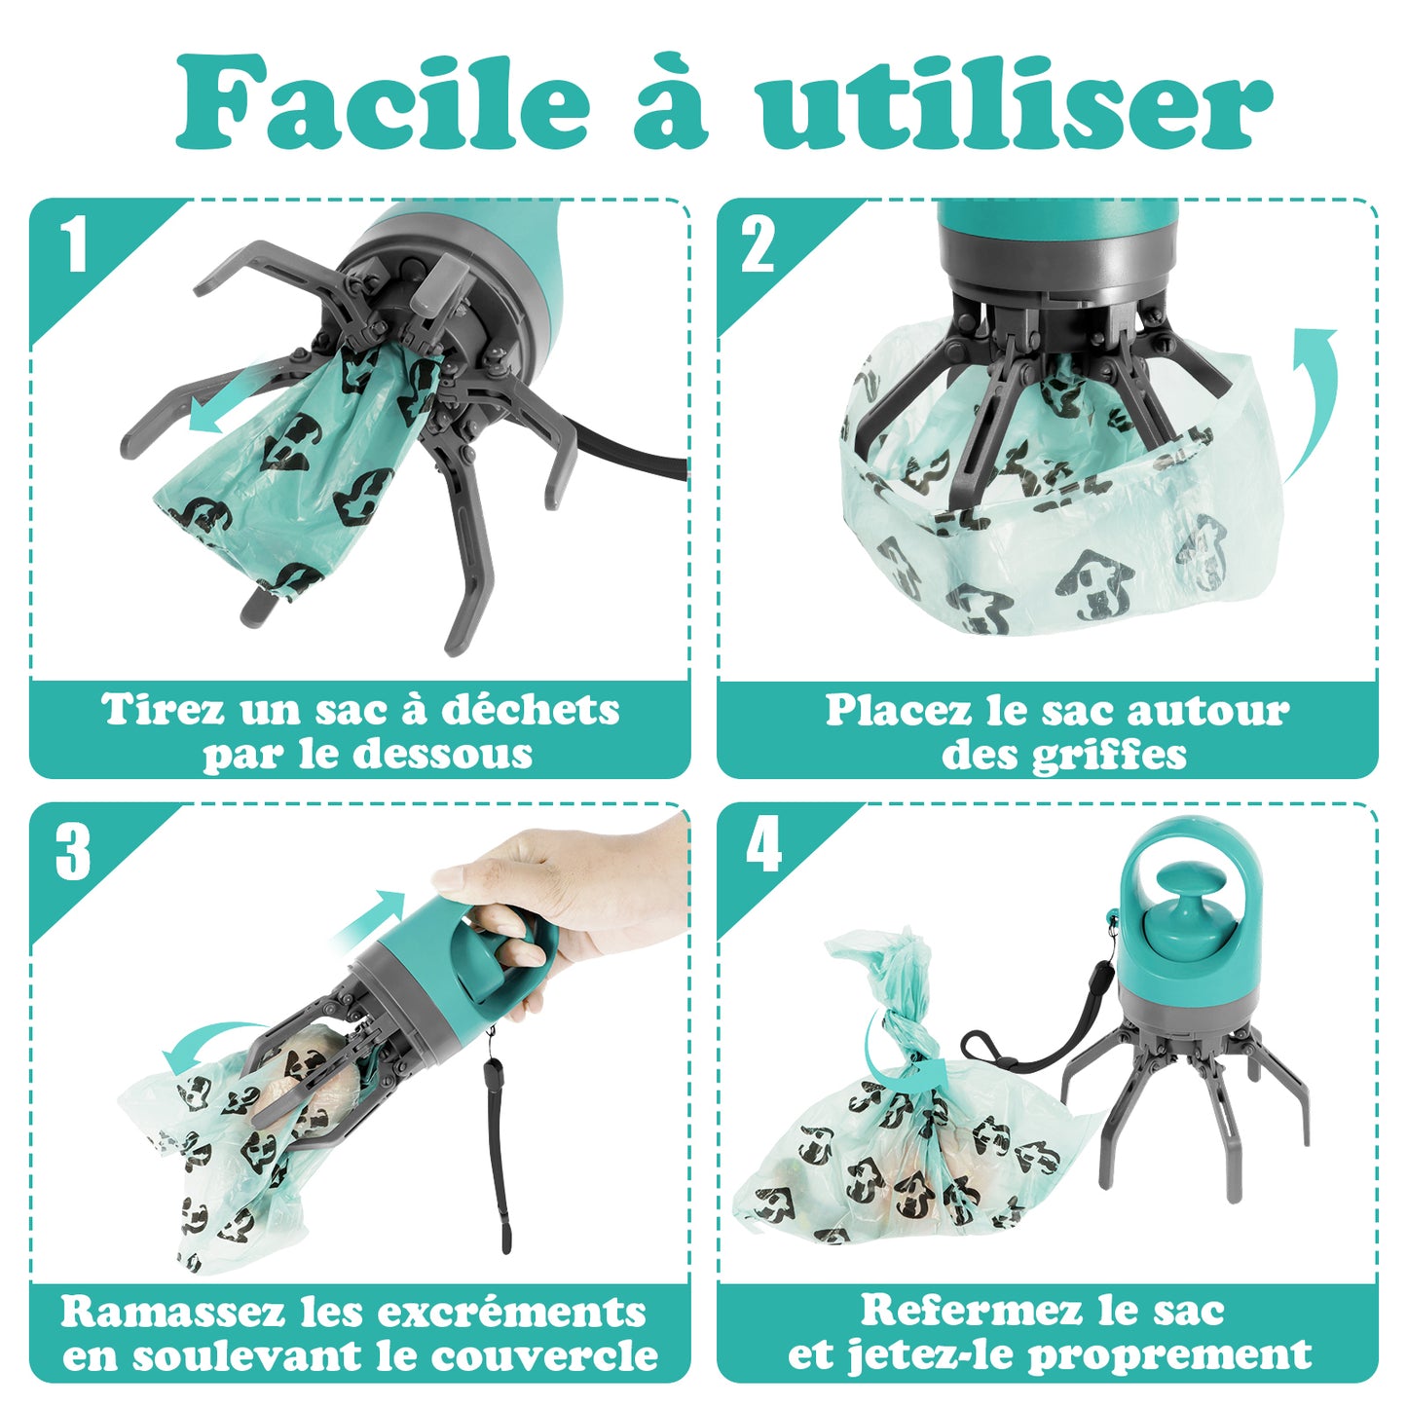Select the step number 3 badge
[x=73, y=852]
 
